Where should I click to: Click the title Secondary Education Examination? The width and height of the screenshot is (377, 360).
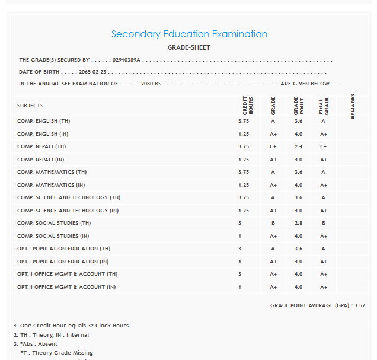click(x=189, y=34)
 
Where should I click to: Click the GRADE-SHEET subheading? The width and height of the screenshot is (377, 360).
click(x=189, y=47)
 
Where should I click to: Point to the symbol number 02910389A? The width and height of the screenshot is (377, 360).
click(x=126, y=60)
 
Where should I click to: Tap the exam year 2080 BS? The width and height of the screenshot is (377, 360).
click(x=151, y=84)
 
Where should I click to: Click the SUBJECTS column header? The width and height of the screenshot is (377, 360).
click(x=30, y=106)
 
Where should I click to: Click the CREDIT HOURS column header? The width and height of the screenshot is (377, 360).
click(x=247, y=106)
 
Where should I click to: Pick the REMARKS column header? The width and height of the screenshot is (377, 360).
click(x=353, y=106)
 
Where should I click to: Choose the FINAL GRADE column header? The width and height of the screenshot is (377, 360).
click(x=323, y=106)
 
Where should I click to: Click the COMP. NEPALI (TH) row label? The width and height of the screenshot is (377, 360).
click(x=41, y=146)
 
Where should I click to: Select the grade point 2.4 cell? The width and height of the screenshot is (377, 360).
click(x=298, y=146)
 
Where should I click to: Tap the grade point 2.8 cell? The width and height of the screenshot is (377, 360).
click(x=298, y=223)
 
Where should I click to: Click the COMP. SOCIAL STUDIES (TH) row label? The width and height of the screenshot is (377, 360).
click(x=54, y=223)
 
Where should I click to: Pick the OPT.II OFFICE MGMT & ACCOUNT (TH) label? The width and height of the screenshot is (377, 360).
click(x=67, y=274)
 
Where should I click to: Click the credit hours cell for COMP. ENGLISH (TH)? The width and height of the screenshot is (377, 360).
click(x=244, y=121)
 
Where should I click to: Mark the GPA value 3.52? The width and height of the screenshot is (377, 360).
click(x=359, y=305)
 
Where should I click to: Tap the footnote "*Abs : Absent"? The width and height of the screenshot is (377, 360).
click(x=39, y=344)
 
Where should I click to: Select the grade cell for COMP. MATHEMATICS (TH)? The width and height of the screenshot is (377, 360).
click(x=273, y=172)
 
